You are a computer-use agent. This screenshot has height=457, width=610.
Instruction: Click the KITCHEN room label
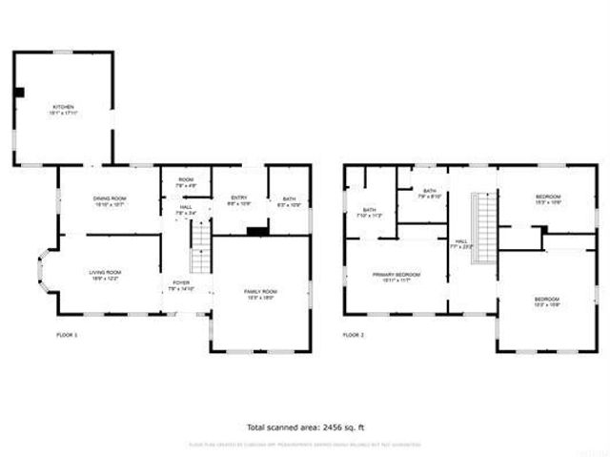pyautogui.click(x=62, y=107)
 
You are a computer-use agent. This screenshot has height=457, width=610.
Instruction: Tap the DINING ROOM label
pyautogui.click(x=110, y=198)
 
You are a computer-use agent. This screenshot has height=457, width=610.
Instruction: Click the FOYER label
pyautogui.click(x=180, y=283)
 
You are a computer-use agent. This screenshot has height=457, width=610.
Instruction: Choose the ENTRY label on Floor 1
pyautogui.click(x=239, y=197)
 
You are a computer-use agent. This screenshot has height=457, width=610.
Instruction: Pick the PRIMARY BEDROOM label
pyautogui.click(x=396, y=274)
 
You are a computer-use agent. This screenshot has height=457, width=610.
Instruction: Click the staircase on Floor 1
pyautogui.click(x=201, y=247)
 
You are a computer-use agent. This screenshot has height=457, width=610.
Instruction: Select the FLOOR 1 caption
pyautogui.click(x=68, y=335)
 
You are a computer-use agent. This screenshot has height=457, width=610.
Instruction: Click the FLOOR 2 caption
pyautogui.click(x=354, y=335)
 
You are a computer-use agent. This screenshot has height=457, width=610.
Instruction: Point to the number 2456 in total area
pyautogui.click(x=327, y=426)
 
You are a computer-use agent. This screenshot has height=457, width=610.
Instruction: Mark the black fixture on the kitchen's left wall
pyautogui.click(x=19, y=92)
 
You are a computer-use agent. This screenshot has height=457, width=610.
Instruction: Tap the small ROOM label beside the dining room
pyautogui.click(x=186, y=180)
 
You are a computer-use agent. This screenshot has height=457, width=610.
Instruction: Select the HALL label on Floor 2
pyautogui.click(x=460, y=242)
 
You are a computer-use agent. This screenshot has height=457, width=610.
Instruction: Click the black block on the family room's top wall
pyautogui.click(x=255, y=230)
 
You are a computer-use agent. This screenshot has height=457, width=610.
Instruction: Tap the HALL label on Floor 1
pyautogui.click(x=186, y=209)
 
